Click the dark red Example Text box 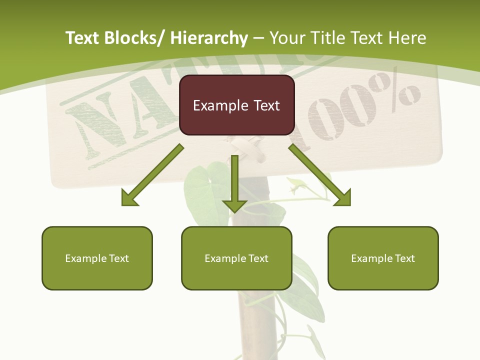click(x=236, y=105)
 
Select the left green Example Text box click(x=97, y=258)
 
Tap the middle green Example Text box click(x=236, y=258)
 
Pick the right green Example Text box click(x=383, y=258)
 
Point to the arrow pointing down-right click(x=320, y=175)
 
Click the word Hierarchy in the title click(x=208, y=38)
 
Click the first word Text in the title click(x=83, y=38)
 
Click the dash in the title click(x=258, y=38)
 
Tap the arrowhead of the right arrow click(x=343, y=198)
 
